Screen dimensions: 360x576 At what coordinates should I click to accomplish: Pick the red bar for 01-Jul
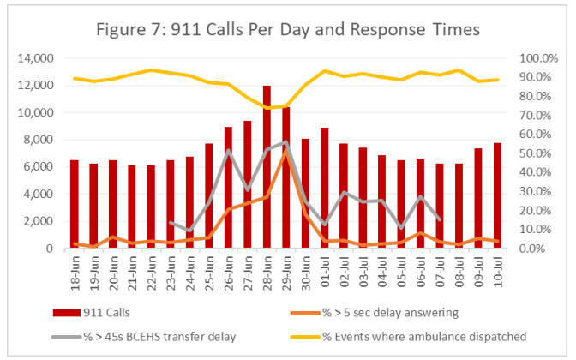324,188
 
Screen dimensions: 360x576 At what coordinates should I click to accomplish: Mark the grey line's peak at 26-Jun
228,151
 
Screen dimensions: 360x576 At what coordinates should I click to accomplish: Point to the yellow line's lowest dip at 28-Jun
267,108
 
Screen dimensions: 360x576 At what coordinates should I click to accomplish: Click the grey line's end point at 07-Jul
440,220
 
